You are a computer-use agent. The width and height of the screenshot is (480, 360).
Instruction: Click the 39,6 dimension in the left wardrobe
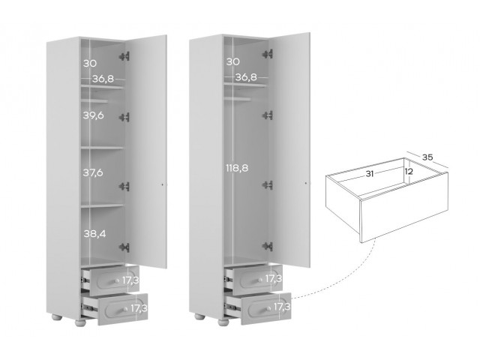93,115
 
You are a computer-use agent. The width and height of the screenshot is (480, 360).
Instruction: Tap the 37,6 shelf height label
93,172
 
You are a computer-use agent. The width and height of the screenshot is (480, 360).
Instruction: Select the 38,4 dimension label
95,234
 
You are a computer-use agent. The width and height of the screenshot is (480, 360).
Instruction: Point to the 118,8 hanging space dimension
237,168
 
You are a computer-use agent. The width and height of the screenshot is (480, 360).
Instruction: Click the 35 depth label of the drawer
427,157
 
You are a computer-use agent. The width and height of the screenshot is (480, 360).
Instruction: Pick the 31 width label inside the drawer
370,174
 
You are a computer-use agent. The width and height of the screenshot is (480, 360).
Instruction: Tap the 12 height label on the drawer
409,172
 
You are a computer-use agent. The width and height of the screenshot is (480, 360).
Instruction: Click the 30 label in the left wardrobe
90,63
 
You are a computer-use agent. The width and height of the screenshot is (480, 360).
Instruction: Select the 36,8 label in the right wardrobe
246,77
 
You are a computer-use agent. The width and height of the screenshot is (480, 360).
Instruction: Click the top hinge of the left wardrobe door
124,56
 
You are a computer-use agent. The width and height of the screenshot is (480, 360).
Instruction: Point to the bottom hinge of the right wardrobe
268,246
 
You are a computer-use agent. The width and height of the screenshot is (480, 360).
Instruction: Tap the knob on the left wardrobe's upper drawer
117,280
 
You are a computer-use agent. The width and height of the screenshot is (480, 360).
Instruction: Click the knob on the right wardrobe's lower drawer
268,308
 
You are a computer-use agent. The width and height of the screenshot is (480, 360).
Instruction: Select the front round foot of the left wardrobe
80,323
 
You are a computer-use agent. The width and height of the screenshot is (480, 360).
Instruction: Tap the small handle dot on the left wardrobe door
163,184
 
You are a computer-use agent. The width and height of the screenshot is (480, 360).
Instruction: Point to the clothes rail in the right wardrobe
238,99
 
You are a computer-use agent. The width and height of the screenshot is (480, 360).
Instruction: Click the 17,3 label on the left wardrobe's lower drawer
139,308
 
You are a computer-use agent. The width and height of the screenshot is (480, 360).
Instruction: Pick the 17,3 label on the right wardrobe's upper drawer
274,278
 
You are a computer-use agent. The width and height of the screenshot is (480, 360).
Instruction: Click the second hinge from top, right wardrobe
268,115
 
